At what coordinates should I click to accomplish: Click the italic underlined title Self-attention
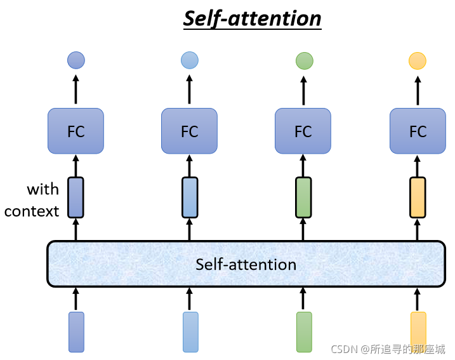(252, 19)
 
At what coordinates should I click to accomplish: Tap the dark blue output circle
(76, 60)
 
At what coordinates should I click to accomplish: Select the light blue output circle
(190, 60)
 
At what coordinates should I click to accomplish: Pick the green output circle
(305, 61)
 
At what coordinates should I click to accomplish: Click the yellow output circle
(418, 61)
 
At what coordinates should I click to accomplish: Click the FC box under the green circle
(303, 131)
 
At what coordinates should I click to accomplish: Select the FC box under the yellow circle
(418, 131)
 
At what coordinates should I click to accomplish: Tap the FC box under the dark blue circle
(76, 131)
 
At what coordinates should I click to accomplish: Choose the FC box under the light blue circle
(189, 131)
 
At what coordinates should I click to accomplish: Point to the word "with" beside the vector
(43, 189)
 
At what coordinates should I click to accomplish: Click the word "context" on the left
(32, 211)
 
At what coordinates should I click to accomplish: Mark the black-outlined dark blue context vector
(76, 197)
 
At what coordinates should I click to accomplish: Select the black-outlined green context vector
(303, 197)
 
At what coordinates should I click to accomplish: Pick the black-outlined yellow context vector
(418, 197)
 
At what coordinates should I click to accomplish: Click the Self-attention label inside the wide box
(246, 265)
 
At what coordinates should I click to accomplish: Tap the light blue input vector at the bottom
(190, 332)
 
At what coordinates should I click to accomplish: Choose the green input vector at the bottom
(304, 332)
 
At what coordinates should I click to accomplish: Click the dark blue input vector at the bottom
(76, 332)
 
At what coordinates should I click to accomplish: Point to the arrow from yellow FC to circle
(418, 90)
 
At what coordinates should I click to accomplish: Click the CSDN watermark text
(388, 349)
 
